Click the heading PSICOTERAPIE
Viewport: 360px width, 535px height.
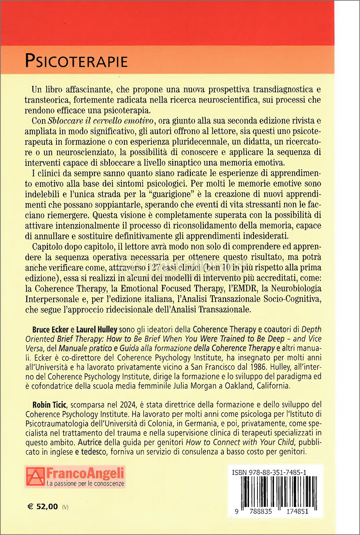tap(76, 61)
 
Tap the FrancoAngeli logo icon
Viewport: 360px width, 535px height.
tap(35, 476)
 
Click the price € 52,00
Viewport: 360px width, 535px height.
tap(42, 506)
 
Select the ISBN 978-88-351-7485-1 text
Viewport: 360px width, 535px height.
tap(269, 472)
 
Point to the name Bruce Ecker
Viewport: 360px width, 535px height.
tap(50, 329)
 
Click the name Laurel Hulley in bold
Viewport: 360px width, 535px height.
tap(97, 329)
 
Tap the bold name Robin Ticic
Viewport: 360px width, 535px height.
tap(50, 405)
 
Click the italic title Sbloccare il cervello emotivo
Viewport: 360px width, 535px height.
tap(101, 121)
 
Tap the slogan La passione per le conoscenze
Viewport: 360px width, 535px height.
tap(85, 484)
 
